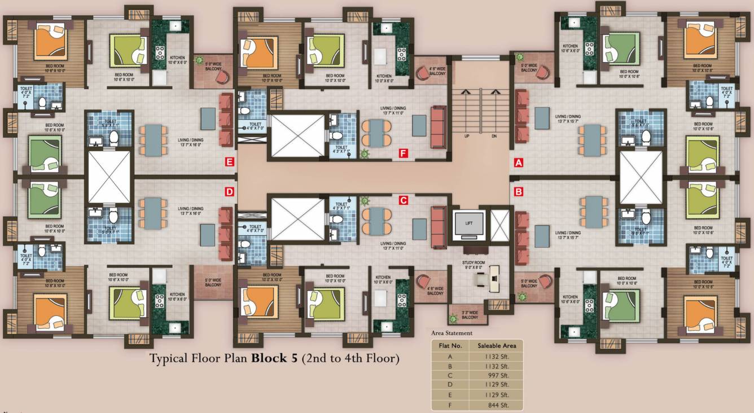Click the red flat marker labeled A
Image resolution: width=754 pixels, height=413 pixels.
click(519, 162)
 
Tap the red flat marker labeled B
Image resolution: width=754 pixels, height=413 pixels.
click(519, 191)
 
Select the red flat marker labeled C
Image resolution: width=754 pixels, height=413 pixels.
click(403, 200)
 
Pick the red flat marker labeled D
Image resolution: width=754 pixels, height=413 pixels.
click(229, 191)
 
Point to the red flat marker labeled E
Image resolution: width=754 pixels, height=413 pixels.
click(229, 162)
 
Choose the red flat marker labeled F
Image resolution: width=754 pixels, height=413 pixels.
click(403, 153)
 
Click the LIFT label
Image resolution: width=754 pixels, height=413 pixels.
click(469, 223)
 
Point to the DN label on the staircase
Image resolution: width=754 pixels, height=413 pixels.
click(494, 136)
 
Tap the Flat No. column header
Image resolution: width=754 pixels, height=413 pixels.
click(450, 345)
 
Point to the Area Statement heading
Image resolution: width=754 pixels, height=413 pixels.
click(451, 333)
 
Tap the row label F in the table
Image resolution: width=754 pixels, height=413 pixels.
click(450, 405)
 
